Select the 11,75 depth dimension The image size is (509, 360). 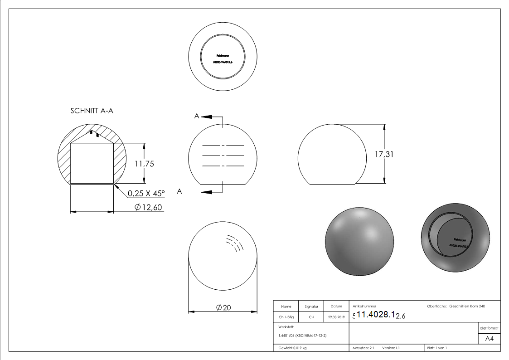pos(144,164)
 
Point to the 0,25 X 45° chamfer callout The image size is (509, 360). pos(146,193)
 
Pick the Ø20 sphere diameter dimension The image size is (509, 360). pos(223,307)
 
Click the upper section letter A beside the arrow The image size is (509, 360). pos(196,117)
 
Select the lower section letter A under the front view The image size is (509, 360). pos(179,192)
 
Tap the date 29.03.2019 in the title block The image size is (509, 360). pos(336,317)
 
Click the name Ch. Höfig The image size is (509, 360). pos(286,317)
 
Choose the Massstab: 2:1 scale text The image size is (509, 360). pos(363,348)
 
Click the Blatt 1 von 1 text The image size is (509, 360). pos(437,348)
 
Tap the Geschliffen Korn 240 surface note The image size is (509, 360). pos(467,306)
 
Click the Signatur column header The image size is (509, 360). pos(311,306)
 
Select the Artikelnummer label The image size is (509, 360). pos(364,306)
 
